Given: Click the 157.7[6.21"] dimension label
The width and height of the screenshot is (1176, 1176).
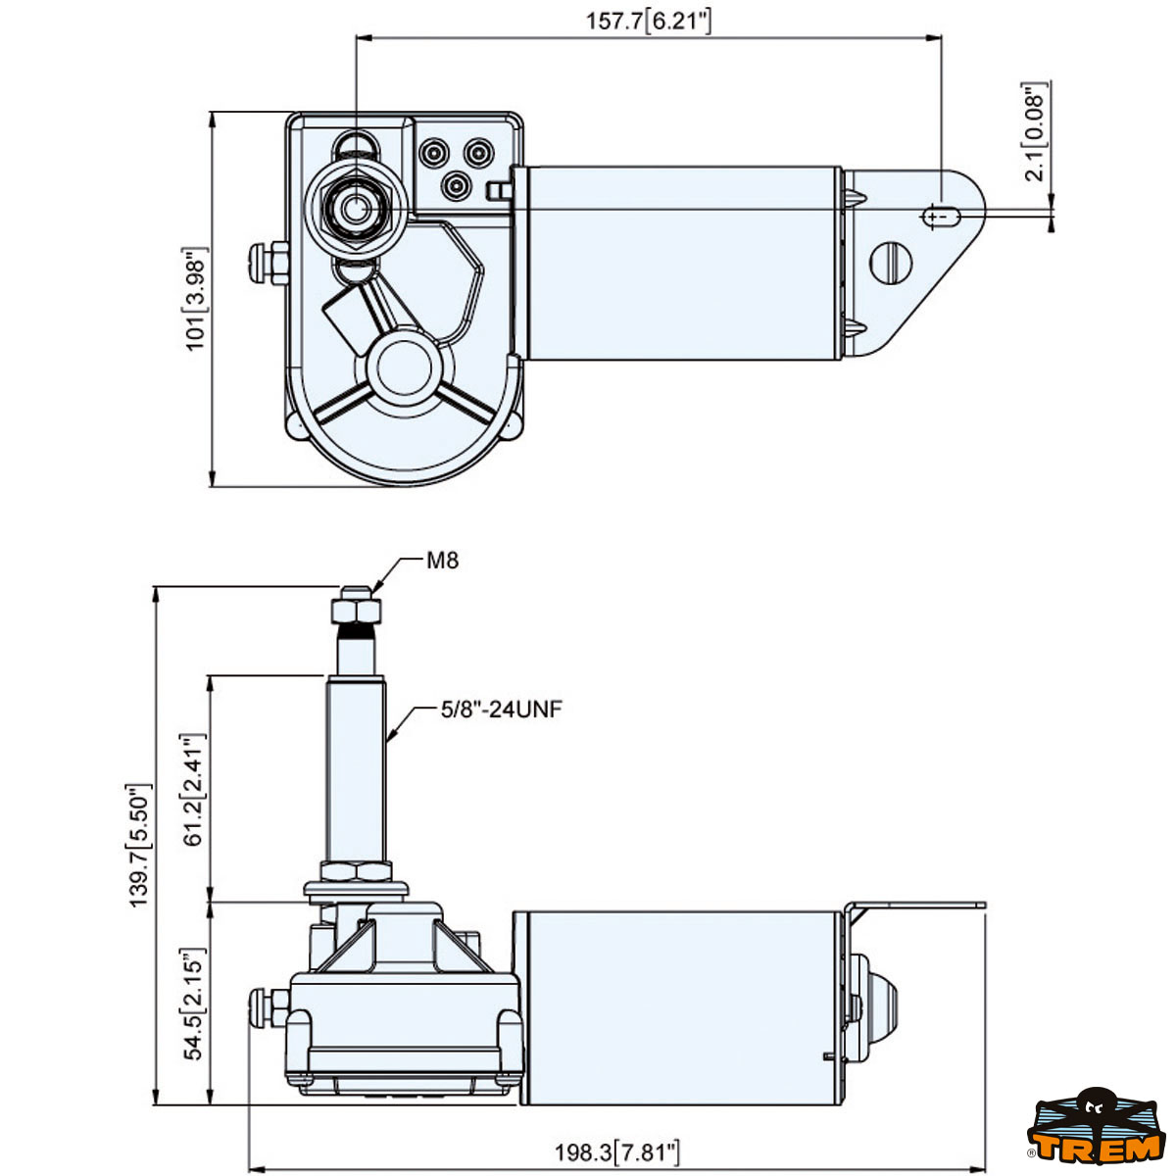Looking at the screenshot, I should [x=648, y=21].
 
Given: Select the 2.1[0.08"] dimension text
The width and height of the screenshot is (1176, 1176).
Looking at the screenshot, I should [x=1035, y=131].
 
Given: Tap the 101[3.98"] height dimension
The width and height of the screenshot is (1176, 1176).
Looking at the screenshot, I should [x=197, y=299].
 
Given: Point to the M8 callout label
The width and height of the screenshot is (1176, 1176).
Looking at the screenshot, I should [x=442, y=561].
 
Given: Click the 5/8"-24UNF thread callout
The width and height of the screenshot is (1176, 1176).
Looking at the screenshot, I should [x=501, y=709].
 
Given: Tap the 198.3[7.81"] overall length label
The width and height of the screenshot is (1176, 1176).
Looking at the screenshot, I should [x=616, y=1151].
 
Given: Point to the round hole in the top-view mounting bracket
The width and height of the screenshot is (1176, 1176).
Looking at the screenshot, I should [x=891, y=262].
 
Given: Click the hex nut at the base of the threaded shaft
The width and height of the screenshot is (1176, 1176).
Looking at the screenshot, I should [x=355, y=871].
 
